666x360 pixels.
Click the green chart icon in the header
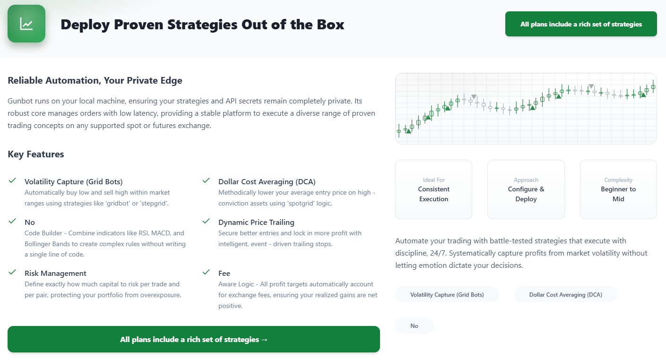[26, 24]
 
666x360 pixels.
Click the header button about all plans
[581, 24]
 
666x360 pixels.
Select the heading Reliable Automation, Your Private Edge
[95, 80]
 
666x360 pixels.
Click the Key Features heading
[35, 154]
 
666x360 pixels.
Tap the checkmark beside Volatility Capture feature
[12, 180]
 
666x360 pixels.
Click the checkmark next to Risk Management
[12, 272]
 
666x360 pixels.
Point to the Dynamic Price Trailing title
[256, 222]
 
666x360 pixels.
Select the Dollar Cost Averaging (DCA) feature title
[267, 181]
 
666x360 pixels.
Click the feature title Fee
[224, 273]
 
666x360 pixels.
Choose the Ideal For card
[433, 189]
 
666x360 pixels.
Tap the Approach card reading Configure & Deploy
[526, 189]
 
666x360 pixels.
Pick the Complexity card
[618, 189]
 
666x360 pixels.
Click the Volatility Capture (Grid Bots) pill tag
[447, 295]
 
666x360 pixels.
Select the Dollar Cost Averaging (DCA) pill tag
[566, 295]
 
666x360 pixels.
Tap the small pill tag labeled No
[414, 326]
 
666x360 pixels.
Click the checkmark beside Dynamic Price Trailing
[206, 221]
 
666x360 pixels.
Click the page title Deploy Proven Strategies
[202, 25]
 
